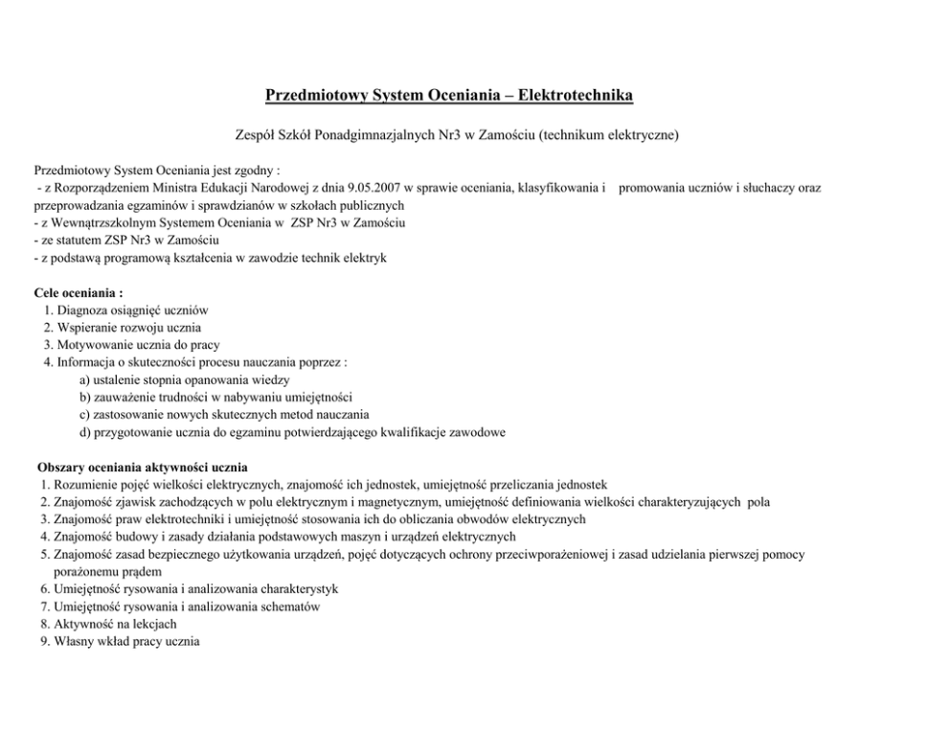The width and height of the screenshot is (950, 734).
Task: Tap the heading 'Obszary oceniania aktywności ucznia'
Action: (x=143, y=467)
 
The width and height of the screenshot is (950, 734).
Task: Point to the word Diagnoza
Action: (x=83, y=310)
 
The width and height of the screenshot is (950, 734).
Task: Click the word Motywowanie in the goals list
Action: (x=97, y=345)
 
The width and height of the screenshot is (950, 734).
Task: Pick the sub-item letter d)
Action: (x=86, y=432)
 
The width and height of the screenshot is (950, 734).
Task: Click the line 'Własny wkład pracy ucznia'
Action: (x=127, y=641)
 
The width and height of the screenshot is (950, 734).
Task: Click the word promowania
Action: (x=654, y=189)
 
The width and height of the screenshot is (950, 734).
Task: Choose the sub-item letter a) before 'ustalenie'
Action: (x=86, y=380)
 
